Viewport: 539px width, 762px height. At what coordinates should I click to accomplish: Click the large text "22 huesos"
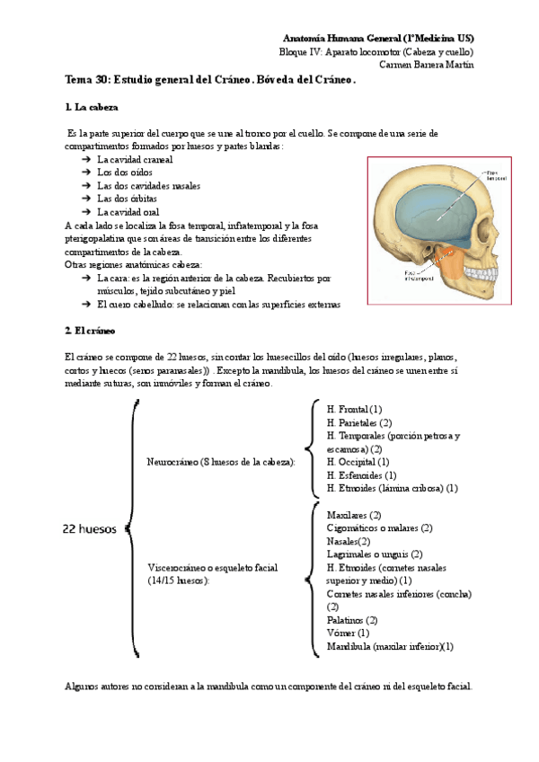[89, 529]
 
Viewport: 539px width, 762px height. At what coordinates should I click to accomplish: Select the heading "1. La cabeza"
[92, 108]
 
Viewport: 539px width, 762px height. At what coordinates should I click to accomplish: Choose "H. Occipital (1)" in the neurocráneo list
[357, 462]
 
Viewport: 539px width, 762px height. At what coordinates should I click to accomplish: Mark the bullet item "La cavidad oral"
[135, 212]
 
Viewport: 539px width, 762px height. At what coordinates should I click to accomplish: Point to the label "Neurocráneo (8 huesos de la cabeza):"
[221, 462]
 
